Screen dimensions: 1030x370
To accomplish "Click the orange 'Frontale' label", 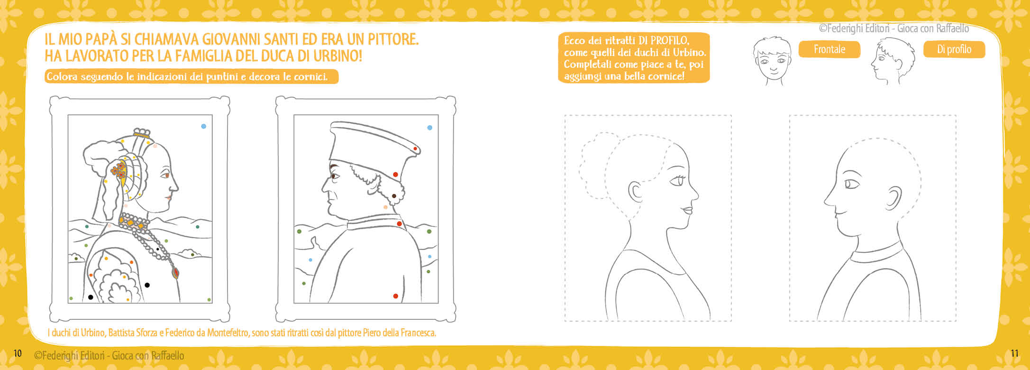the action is point(829,49).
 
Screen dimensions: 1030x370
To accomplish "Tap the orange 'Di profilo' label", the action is point(954,49).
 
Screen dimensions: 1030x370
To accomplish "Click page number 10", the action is point(18,353).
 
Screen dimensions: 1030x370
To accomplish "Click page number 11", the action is point(1014,353).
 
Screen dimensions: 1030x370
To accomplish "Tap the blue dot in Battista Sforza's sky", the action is point(204,126).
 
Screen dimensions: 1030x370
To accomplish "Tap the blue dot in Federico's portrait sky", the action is point(430,128).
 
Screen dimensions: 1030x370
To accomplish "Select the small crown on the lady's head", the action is point(141,132).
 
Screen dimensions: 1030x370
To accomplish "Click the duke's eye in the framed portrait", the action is point(335,176).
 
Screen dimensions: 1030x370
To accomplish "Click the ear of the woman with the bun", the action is point(635,192).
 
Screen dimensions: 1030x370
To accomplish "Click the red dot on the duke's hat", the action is point(415,149).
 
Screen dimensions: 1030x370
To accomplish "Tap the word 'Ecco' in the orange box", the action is point(574,41).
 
